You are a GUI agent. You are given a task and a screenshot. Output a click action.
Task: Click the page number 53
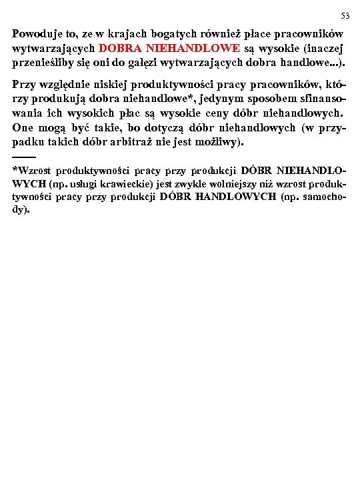pos(345,15)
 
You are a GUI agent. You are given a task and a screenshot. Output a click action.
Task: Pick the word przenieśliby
pos(43,63)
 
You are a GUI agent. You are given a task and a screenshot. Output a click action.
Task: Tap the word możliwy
pos(223,143)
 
